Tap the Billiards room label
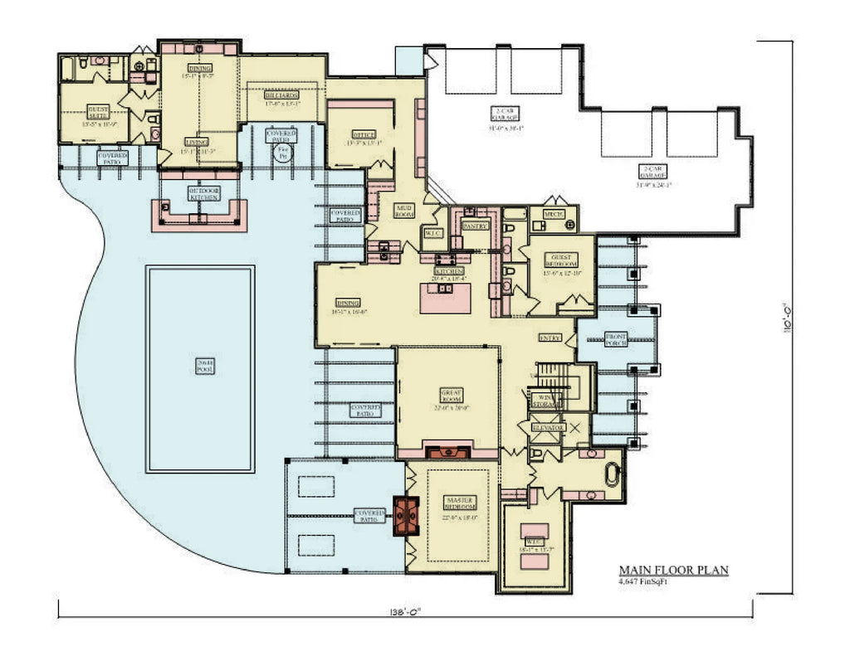281,95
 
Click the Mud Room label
404,211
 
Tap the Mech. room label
554,215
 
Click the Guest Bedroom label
563,258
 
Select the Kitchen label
449,271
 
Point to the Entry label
550,338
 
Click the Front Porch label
617,338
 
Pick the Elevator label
549,427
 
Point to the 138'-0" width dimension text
406,612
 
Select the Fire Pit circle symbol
283,154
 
